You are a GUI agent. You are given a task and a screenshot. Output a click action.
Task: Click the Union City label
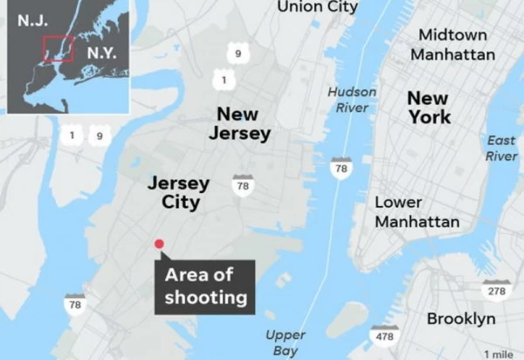[317, 7]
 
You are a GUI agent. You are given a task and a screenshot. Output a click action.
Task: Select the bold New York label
[429, 107]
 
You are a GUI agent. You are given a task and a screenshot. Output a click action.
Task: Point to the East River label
[501, 148]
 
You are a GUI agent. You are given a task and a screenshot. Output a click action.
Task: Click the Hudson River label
[352, 100]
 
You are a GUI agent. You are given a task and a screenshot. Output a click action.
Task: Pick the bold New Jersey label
[239, 123]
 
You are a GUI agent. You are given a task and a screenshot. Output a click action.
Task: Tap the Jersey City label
[178, 193]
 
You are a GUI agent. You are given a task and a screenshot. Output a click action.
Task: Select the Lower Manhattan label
[417, 212]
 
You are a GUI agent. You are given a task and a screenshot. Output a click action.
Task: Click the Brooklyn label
[461, 319]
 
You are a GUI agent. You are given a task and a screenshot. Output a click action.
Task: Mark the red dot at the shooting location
[159, 245]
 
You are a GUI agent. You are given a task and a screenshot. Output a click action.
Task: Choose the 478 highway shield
[383, 335]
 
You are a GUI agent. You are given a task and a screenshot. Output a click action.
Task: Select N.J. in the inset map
[31, 19]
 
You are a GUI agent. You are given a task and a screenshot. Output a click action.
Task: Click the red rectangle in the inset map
[59, 48]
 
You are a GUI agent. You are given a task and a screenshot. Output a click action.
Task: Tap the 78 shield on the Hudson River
[341, 166]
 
